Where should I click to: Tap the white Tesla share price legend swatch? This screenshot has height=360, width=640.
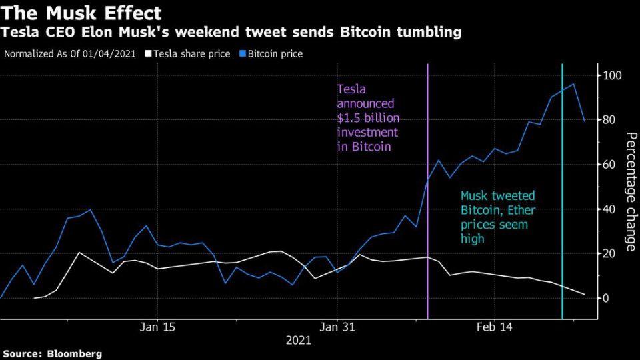pos(149,53)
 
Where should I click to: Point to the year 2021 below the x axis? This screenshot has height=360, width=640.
pos(298,340)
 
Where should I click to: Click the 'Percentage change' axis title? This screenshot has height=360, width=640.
pos(629,191)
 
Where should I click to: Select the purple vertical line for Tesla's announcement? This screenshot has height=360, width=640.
pos(427,200)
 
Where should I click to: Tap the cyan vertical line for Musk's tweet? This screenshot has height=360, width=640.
pos(563,200)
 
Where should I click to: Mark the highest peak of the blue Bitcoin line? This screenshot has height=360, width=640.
pos(573,84)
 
